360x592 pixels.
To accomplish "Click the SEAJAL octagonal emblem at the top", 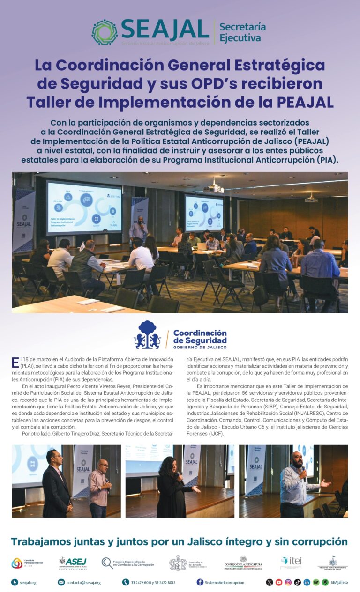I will (x=104, y=32).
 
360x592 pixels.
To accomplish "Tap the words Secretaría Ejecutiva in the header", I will (x=242, y=32).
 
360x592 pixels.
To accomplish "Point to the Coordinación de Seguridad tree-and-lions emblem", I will (x=147, y=335).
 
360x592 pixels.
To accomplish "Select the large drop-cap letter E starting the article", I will (x=15, y=362).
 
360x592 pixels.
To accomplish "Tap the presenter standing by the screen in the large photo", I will (x=138, y=230).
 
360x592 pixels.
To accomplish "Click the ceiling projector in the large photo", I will (x=216, y=188).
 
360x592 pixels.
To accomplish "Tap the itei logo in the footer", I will (x=292, y=562).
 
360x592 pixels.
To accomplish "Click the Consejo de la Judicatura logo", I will (x=243, y=562).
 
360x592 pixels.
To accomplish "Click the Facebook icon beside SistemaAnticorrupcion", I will (x=200, y=582).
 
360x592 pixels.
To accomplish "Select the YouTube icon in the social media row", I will (x=279, y=582).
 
